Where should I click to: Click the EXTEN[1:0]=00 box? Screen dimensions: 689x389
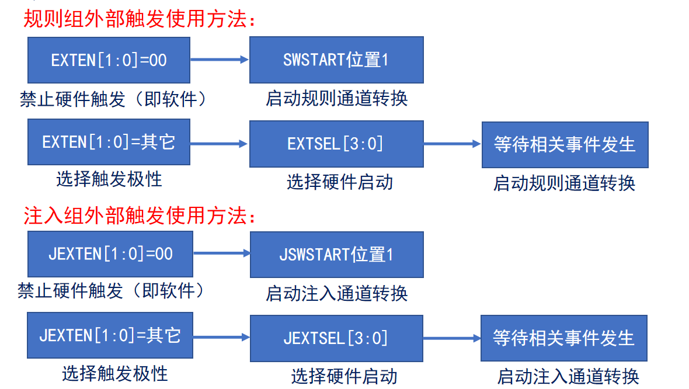coord(109,60)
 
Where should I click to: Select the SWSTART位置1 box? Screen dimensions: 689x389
coord(336,60)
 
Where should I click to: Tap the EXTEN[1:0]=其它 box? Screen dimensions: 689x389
coord(109,142)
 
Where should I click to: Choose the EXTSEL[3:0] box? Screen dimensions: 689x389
coord(336,144)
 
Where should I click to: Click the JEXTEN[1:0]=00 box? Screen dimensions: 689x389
coord(110,254)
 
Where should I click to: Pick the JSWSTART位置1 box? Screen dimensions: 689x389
coord(337,255)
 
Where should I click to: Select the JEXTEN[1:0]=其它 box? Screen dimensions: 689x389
coord(110,335)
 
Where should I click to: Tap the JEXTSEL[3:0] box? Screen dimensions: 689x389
coord(336,338)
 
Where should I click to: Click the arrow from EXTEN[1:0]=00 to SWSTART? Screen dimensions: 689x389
coord(220,60)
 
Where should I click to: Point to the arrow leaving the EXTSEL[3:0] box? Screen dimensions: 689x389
coord(453,144)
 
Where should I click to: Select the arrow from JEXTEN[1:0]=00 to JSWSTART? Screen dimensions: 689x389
coord(222,253)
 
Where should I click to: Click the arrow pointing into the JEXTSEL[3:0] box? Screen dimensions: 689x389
coord(221,337)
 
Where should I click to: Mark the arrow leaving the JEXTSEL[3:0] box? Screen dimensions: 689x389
coord(452,338)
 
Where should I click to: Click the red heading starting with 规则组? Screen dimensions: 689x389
coord(140,19)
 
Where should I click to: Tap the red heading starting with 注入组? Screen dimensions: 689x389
coord(140,216)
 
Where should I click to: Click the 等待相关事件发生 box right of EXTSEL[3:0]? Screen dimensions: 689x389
coord(565,145)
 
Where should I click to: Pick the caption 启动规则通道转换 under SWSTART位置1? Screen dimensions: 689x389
coord(336,99)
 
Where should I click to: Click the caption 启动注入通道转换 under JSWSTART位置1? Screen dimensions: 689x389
coord(336,293)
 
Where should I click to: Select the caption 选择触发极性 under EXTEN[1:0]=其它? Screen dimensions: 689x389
coord(109,179)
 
